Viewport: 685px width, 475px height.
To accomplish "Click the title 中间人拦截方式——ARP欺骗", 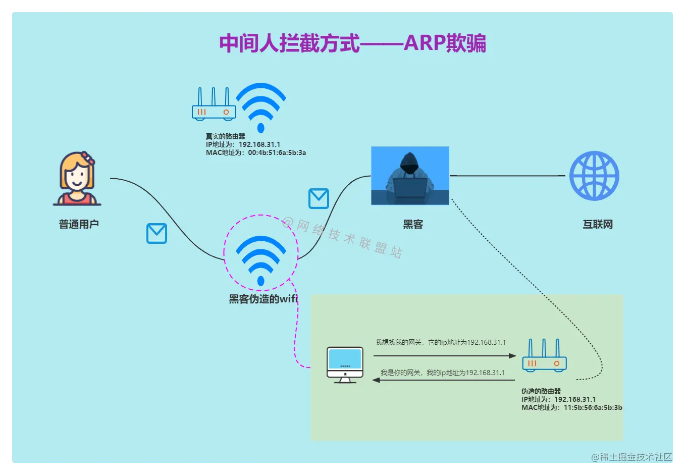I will point(352,43).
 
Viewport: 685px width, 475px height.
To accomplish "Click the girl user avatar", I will point(77,179).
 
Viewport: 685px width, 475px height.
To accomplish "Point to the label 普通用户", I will point(79,224).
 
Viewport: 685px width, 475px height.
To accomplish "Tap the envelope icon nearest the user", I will point(156,234).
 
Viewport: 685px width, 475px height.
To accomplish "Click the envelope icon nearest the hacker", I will point(319,198).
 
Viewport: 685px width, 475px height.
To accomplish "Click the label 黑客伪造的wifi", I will point(263,299).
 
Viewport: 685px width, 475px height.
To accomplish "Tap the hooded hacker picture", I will point(410,176).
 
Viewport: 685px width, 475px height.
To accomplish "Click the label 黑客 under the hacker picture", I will point(413,225).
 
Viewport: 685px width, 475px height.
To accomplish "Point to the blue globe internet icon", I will point(594,176).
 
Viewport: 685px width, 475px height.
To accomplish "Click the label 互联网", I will point(598,225).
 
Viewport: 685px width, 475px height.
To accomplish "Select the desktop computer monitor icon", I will point(345,364).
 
